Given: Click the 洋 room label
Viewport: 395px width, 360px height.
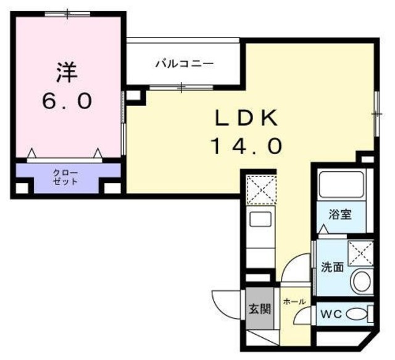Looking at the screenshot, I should (x=66, y=73).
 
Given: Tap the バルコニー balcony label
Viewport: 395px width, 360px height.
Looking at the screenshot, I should (x=183, y=63).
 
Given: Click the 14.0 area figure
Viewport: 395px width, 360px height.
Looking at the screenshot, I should (x=247, y=146).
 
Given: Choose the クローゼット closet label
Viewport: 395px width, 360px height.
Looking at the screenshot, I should (x=65, y=177).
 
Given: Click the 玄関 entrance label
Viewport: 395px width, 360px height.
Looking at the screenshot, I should (x=259, y=309).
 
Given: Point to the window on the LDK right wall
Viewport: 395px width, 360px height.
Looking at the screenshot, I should (x=375, y=113).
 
